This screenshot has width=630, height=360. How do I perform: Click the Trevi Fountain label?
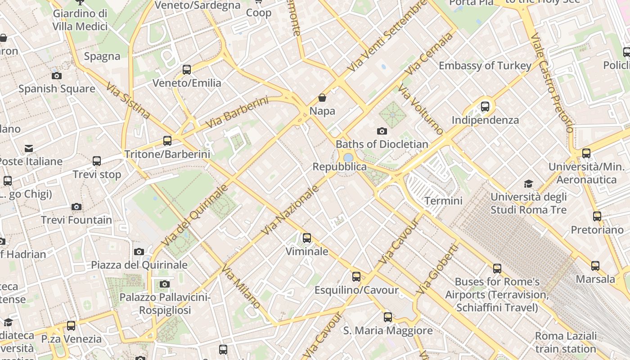click(x=76, y=220)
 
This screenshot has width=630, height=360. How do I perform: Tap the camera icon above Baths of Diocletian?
click(x=382, y=131)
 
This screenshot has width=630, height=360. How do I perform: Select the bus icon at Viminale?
click(x=307, y=238)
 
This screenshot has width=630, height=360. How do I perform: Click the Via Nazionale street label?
click(x=290, y=210)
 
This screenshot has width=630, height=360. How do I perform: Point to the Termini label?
click(x=443, y=201)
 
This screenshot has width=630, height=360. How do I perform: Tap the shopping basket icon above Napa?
click(x=322, y=98)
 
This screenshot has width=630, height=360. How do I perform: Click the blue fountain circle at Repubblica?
click(x=348, y=157)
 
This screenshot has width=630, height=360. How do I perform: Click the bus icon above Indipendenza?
click(x=485, y=107)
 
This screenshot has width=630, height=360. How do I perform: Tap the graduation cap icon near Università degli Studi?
click(x=528, y=184)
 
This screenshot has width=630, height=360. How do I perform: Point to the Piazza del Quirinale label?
click(x=139, y=265)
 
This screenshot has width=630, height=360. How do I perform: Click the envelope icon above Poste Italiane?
click(x=29, y=148)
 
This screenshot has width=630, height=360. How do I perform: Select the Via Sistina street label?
click(x=128, y=100)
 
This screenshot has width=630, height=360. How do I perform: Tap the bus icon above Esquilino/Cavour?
click(x=356, y=276)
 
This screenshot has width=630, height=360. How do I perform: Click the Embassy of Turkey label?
click(x=485, y=66)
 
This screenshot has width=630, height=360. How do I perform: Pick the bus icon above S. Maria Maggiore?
click(x=388, y=317)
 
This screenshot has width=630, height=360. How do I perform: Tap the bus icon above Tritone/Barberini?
click(x=167, y=140)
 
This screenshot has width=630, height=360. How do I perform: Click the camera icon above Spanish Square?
click(x=57, y=76)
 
